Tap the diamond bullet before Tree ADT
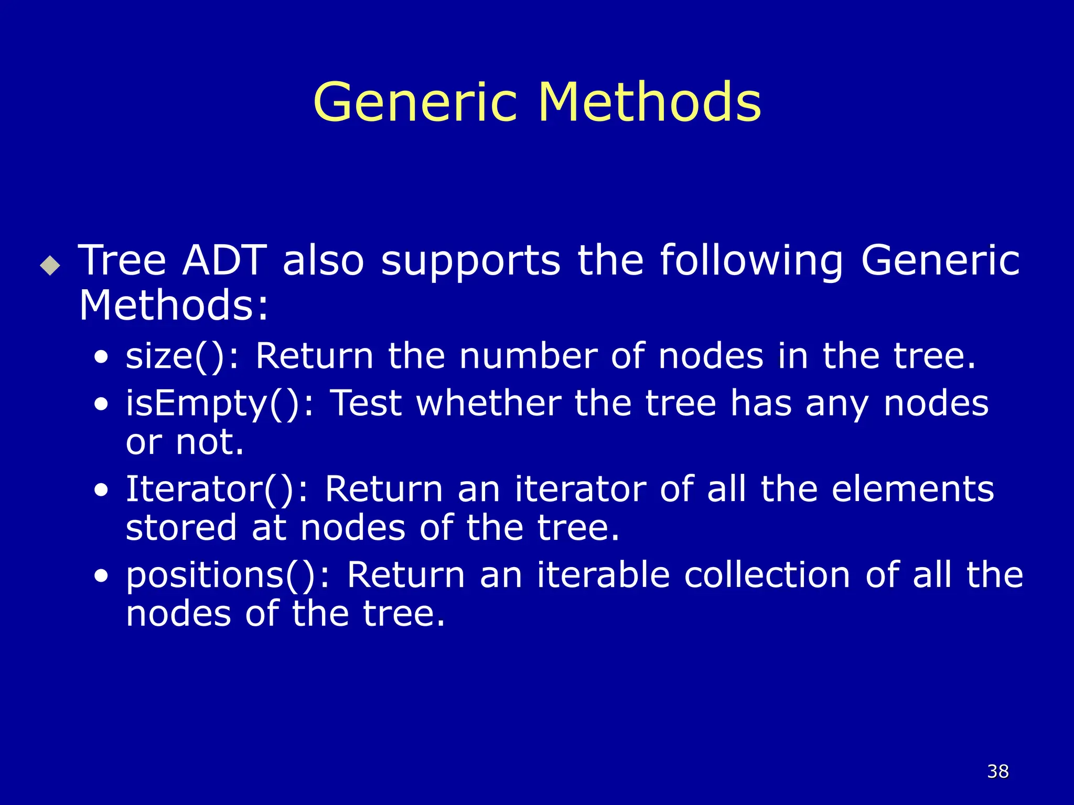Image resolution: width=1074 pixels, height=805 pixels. click(x=50, y=265)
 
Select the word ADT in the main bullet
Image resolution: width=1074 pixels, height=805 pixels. click(x=224, y=260)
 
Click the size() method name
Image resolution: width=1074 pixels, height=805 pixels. click(x=181, y=356)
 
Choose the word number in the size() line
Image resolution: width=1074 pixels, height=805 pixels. click(x=528, y=356)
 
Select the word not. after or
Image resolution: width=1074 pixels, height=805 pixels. click(x=210, y=442)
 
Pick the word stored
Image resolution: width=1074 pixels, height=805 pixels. click(x=181, y=528)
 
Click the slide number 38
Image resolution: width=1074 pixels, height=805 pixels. click(x=997, y=771)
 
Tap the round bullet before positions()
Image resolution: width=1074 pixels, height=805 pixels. click(x=101, y=576)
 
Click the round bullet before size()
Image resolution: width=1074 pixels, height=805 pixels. click(x=101, y=358)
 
